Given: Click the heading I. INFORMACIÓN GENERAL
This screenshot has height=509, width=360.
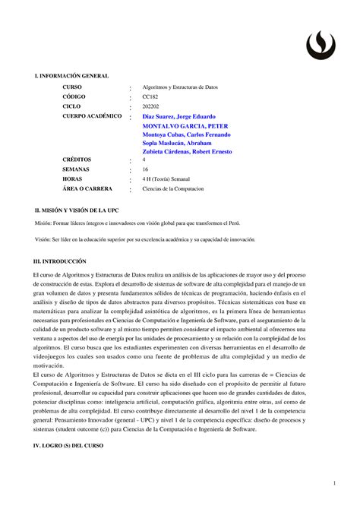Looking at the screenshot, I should (x=67, y=77).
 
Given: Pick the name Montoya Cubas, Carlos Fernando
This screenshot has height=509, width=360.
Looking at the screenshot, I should (x=192, y=134).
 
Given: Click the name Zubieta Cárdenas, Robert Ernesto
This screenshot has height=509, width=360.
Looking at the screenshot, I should (x=192, y=152).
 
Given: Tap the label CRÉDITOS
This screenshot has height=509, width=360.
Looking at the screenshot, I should (x=79, y=161).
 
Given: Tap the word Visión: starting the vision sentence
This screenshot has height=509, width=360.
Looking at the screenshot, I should (x=36, y=239).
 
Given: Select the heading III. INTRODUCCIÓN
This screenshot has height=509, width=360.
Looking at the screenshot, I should (x=55, y=261).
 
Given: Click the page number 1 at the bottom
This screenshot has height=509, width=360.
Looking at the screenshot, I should (x=333, y=484).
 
